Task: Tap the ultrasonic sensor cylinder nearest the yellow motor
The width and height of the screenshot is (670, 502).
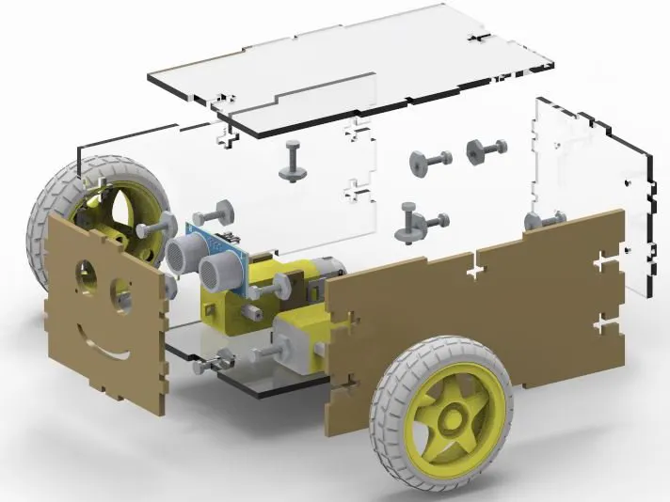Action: click(x=217, y=274)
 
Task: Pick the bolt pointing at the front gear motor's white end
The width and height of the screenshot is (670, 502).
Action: click(x=263, y=353)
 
